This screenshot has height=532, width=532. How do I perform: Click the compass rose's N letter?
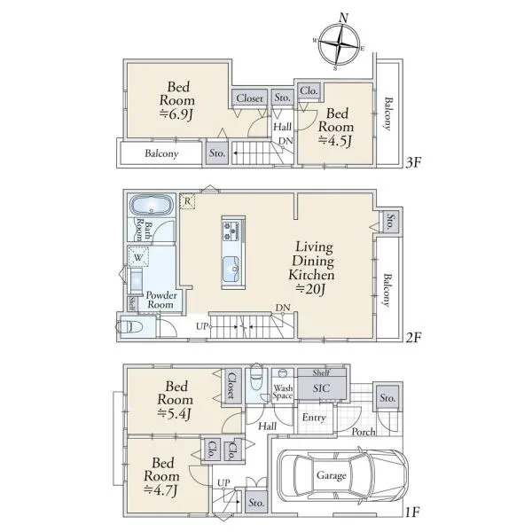click(x=344, y=18)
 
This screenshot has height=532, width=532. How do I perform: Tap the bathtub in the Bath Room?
click(x=152, y=205)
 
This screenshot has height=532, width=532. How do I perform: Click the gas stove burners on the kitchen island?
click(x=231, y=231)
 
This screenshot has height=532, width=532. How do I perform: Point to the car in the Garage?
click(x=342, y=475)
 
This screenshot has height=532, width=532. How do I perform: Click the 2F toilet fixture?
click(x=129, y=327)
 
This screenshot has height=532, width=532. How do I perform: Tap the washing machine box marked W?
click(x=138, y=257)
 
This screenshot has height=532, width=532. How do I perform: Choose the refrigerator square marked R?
click(x=187, y=201)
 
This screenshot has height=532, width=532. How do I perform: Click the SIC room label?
click(x=321, y=388)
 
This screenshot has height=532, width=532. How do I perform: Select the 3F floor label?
click(x=413, y=163)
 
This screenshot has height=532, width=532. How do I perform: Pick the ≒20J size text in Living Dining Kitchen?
click(x=310, y=289)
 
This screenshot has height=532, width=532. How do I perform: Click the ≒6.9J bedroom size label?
click(x=176, y=114)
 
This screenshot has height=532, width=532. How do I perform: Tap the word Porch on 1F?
click(x=364, y=432)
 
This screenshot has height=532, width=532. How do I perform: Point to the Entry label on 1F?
click(x=314, y=418)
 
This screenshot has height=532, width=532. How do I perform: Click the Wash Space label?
click(x=283, y=392)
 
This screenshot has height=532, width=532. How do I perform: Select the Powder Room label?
click(x=161, y=300)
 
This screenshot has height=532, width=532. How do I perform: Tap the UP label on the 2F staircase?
click(x=201, y=326)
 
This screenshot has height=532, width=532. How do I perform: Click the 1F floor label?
click(x=413, y=512)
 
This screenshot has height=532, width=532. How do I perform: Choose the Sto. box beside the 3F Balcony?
click(x=217, y=153)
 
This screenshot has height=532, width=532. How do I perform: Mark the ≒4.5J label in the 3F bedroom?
click(x=335, y=140)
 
